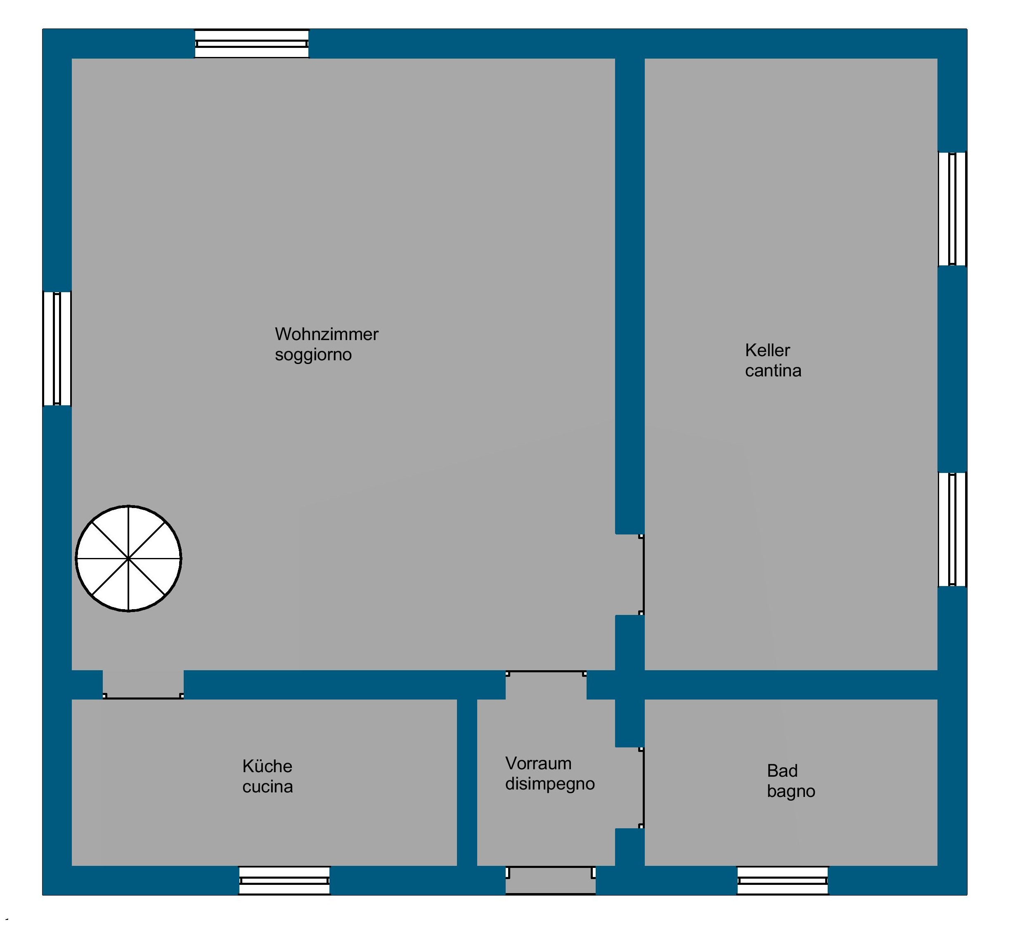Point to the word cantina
tap(773, 371)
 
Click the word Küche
tap(267, 767)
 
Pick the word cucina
tap(267, 787)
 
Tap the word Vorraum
tap(538, 764)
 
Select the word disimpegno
tap(550, 784)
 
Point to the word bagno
tap(791, 792)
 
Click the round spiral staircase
tap(129, 558)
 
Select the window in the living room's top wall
tap(252, 44)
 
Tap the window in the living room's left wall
tap(57, 349)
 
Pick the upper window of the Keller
tap(952, 209)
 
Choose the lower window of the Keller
tap(952, 530)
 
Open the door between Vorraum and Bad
tap(642, 787)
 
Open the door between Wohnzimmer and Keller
tap(642, 574)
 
